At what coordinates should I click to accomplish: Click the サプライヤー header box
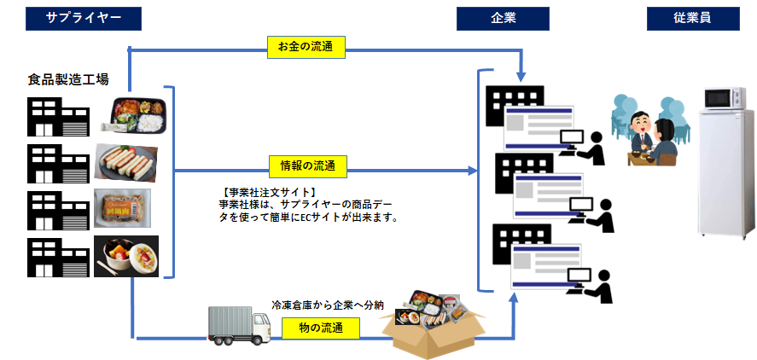pyautogui.click(x=83, y=18)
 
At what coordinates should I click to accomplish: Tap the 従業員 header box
pyautogui.click(x=692, y=18)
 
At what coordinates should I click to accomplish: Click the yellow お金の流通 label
pyautogui.click(x=305, y=49)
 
